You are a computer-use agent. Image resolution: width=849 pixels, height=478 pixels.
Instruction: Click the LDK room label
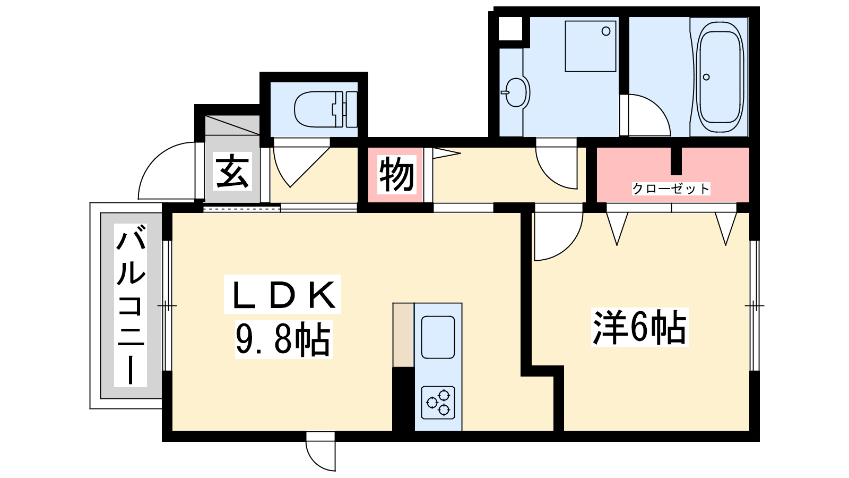282,295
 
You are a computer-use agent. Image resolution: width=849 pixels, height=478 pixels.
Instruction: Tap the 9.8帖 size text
283,339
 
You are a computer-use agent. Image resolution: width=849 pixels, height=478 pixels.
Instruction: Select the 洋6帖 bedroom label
640,327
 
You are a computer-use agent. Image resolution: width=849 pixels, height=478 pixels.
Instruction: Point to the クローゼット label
671,189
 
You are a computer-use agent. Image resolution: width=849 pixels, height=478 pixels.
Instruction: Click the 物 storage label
396,175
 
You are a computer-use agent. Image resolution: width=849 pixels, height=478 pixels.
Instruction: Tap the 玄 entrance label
232,172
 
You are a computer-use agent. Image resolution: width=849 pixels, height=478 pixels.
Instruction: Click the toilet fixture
326,109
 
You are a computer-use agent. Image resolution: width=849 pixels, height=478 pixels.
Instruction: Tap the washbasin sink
517,92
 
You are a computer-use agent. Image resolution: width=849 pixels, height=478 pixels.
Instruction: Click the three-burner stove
438,403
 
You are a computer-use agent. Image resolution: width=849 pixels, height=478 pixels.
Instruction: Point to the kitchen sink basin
438,337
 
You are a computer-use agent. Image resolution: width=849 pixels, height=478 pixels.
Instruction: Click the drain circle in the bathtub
706,77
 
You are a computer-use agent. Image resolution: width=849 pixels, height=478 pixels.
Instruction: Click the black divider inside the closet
676,161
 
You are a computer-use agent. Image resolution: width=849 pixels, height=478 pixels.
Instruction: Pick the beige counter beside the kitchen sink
403,335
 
